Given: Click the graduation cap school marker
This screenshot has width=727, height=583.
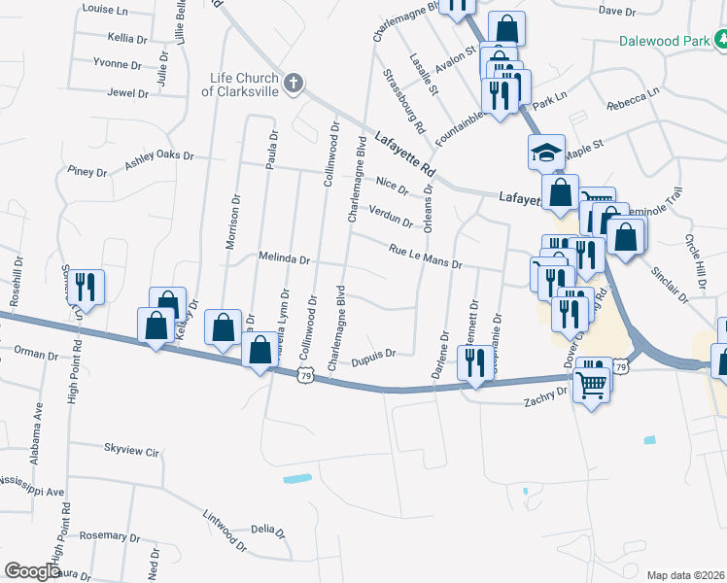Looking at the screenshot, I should [x=546, y=152].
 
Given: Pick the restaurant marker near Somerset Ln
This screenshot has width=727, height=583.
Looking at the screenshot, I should [x=86, y=287].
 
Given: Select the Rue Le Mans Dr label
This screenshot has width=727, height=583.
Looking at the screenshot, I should [x=425, y=257].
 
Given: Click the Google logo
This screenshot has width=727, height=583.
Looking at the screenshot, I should [x=33, y=571].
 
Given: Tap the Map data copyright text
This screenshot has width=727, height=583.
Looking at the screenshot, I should [x=684, y=575].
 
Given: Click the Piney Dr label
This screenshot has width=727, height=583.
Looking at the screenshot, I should [x=87, y=172].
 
